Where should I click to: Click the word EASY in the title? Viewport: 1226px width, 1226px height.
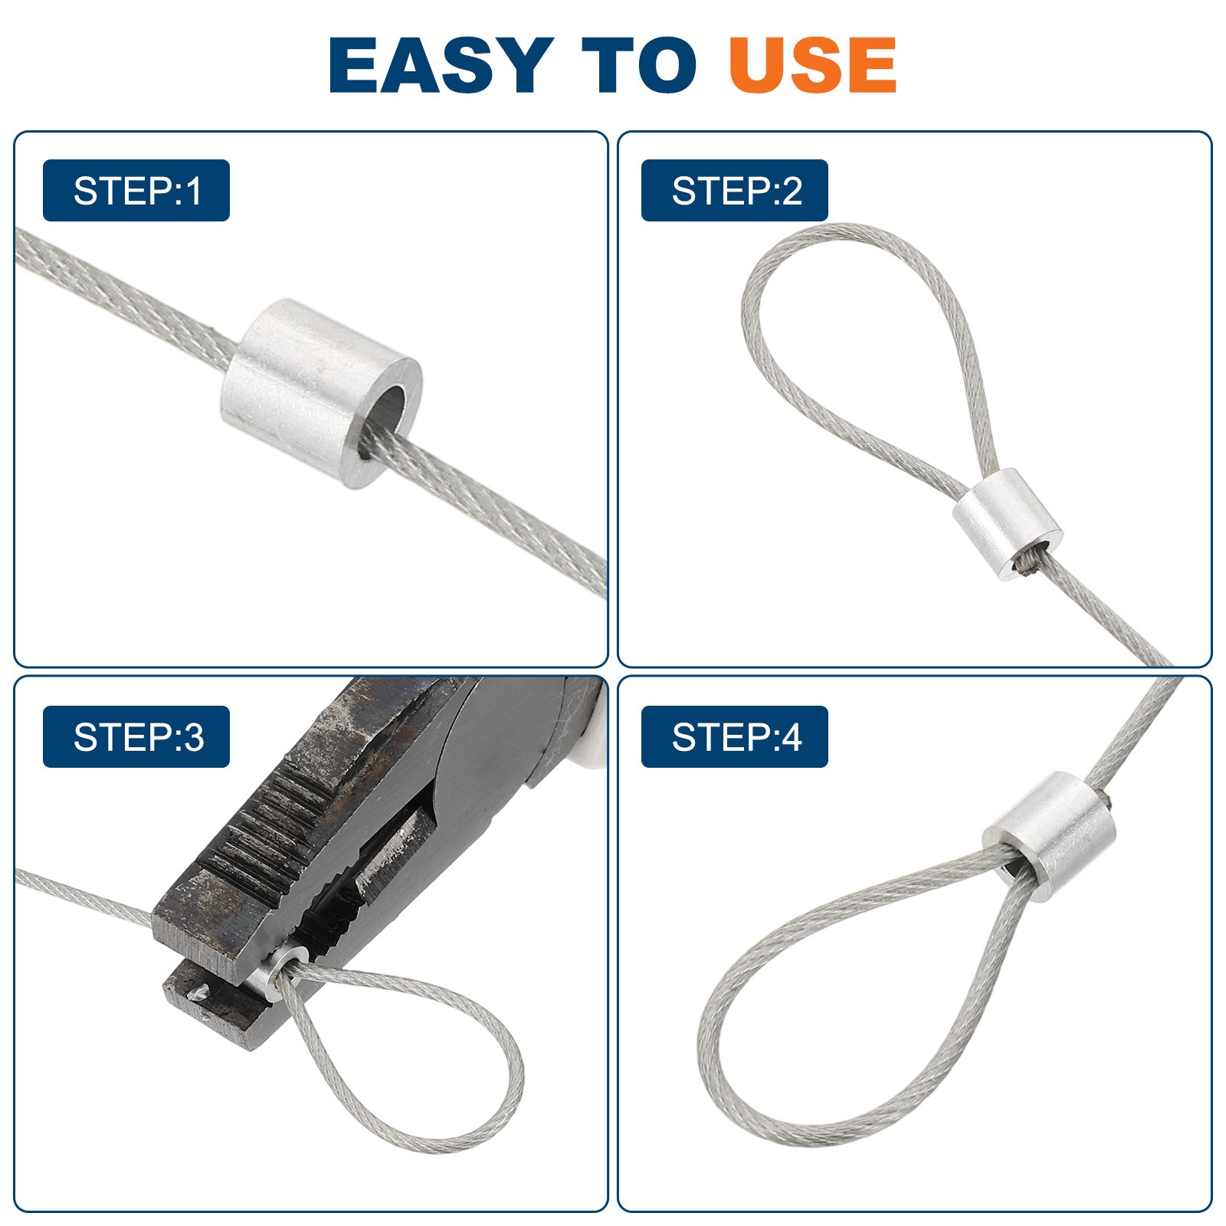pyautogui.click(x=441, y=65)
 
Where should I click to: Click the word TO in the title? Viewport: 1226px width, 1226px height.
pyautogui.click(x=638, y=65)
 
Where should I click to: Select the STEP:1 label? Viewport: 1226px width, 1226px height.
pyautogui.click(x=136, y=191)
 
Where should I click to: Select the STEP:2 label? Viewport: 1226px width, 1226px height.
pyautogui.click(x=735, y=191)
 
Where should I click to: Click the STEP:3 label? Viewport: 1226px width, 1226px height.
pyautogui.click(x=136, y=736)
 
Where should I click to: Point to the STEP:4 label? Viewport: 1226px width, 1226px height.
pyautogui.click(x=735, y=736)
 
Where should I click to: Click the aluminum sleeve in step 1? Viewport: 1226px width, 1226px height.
pyautogui.click(x=322, y=394)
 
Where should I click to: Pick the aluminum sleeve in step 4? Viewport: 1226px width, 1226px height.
pyautogui.click(x=1050, y=835)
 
